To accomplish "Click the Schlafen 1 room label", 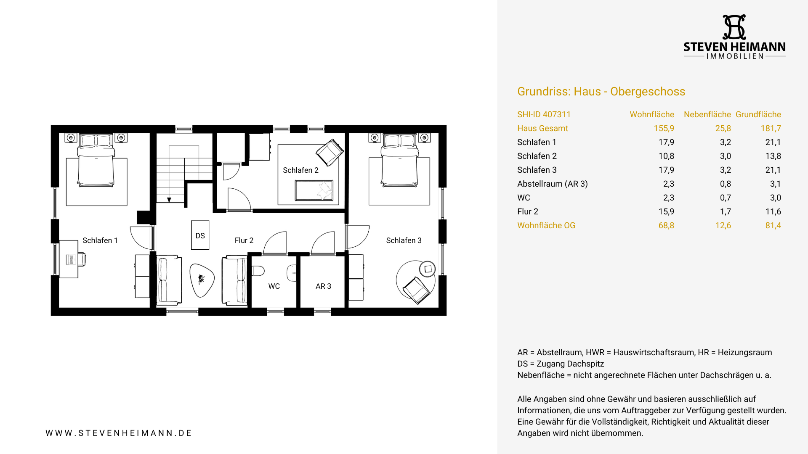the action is click(x=100, y=240).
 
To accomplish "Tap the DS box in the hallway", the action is click(x=200, y=235).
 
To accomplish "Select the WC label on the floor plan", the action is click(x=274, y=286).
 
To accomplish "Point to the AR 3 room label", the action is click(x=323, y=286).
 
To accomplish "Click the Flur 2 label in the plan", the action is click(x=244, y=240).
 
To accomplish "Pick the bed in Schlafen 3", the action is click(x=399, y=160).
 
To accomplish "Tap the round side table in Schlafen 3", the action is click(x=428, y=269).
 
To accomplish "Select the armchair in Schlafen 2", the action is click(x=330, y=152).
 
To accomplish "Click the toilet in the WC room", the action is click(x=258, y=270).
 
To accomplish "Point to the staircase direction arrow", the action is click(x=169, y=200).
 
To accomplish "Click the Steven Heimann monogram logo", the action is click(x=734, y=27).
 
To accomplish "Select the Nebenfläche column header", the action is click(x=707, y=114).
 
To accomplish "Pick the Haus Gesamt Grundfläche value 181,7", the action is click(x=771, y=128).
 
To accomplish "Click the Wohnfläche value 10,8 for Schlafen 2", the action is click(x=666, y=156).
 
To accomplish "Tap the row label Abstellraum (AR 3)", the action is click(x=553, y=184).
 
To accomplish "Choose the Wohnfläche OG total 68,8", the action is click(x=666, y=225).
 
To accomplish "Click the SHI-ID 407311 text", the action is click(x=544, y=114).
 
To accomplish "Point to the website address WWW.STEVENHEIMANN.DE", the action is click(x=119, y=433).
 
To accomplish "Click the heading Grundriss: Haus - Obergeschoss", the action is click(x=601, y=92).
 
